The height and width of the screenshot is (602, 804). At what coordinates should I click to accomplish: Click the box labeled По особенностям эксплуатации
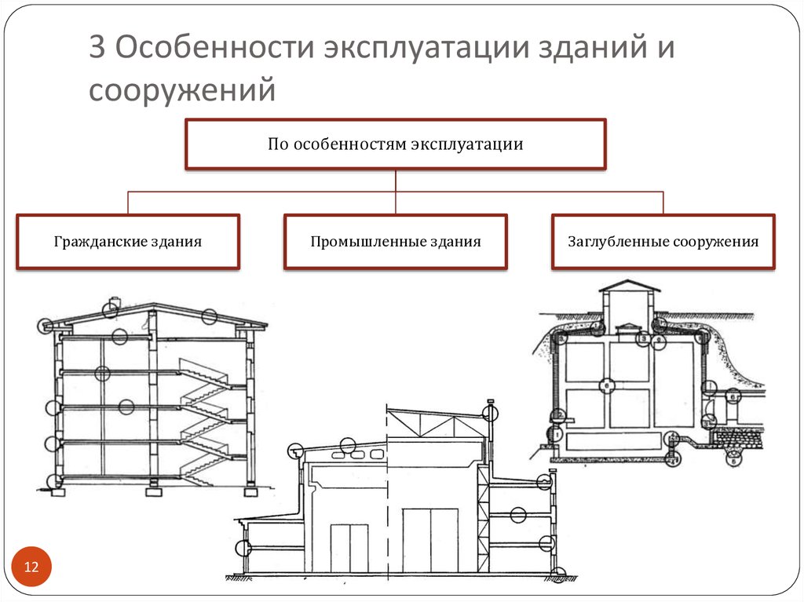395,144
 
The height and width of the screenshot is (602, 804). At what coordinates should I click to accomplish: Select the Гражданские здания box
128,242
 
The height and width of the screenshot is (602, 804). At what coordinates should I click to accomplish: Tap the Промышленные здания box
395,242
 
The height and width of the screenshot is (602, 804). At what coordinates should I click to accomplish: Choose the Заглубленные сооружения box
663,242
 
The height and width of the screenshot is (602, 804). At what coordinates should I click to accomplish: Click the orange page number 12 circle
32,567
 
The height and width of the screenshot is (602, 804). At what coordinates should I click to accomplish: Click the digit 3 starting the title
96,49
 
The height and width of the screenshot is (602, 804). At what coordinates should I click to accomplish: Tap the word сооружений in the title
182,89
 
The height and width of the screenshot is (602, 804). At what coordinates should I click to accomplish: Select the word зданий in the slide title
575,49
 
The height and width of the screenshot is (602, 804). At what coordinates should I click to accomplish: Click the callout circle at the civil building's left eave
46,324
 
